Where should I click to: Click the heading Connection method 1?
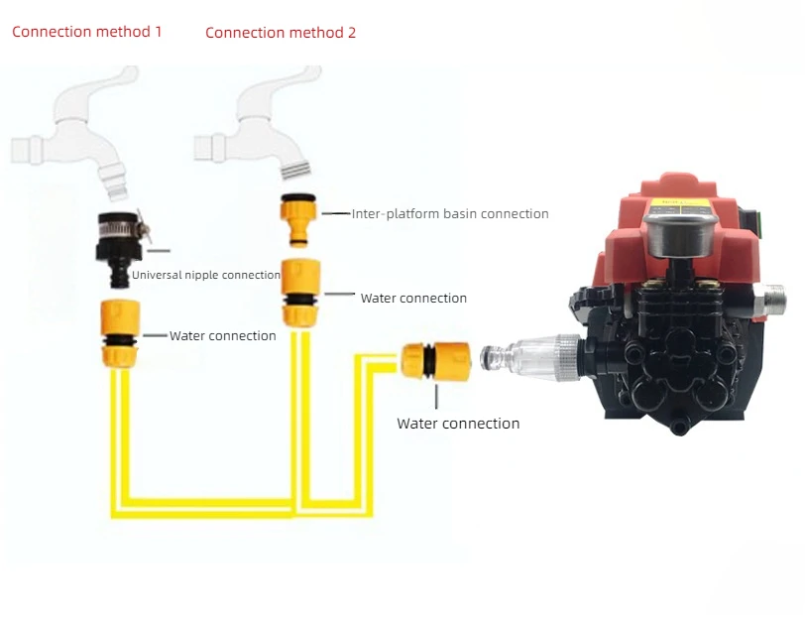point(87,32)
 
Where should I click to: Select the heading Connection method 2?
point(281,33)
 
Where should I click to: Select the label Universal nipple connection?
point(206,275)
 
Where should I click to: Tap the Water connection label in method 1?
point(222,336)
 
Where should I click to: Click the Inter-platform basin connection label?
point(450,213)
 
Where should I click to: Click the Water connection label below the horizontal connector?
point(458,424)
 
